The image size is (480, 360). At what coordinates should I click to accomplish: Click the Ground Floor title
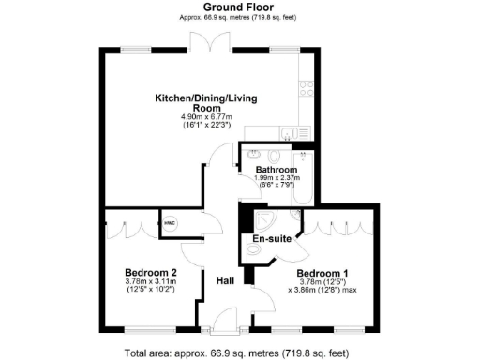(240, 7)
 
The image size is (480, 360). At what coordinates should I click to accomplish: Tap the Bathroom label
(275, 170)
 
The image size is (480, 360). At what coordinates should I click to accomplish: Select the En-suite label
(271, 239)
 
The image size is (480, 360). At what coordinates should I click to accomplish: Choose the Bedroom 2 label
(150, 273)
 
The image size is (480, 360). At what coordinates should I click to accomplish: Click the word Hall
(225, 280)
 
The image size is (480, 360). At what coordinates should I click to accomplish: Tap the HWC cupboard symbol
(170, 223)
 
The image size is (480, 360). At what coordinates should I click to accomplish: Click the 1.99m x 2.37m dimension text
(275, 178)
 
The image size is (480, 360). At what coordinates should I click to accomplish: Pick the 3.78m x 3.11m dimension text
(150, 282)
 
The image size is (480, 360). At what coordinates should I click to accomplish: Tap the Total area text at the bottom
(240, 352)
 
